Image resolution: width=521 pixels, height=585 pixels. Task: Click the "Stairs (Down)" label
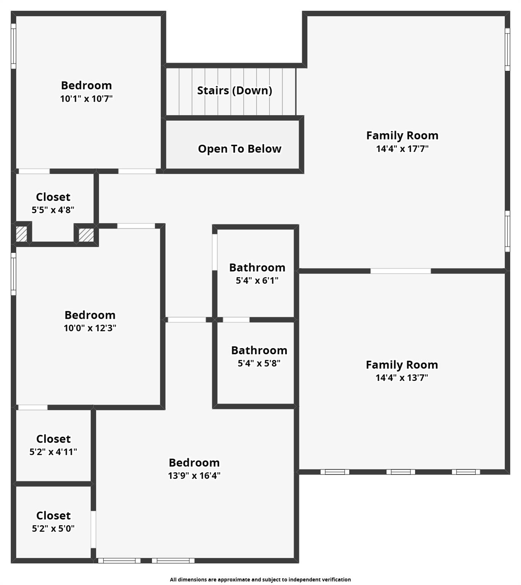click(x=234, y=91)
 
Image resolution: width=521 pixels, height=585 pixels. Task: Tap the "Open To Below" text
click(x=239, y=149)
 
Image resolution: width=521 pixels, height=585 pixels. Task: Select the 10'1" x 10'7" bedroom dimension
click(x=86, y=99)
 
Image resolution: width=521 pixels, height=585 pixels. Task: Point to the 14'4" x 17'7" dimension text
click(x=402, y=149)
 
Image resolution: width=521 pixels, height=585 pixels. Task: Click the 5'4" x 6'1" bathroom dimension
click(x=257, y=281)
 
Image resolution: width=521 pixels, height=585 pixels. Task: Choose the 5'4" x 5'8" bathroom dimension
click(x=259, y=363)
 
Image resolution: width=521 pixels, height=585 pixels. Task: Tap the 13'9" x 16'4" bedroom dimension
click(x=194, y=476)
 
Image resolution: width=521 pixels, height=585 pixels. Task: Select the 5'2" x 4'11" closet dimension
click(x=53, y=452)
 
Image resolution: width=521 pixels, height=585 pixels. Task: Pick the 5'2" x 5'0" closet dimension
click(x=53, y=529)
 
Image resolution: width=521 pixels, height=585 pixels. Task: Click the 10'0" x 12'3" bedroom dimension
click(x=90, y=328)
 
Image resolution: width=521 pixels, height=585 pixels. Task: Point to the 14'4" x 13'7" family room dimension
click(x=402, y=378)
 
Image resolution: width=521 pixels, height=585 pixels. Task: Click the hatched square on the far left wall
click(x=21, y=234)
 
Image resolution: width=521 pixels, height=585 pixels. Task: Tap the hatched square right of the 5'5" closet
click(x=86, y=235)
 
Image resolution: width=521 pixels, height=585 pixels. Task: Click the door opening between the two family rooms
click(x=401, y=271)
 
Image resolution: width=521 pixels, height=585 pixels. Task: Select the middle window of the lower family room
click(x=401, y=472)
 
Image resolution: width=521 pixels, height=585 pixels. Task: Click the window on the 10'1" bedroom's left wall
click(x=13, y=46)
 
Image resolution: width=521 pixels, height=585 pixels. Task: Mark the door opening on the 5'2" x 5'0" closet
click(x=93, y=529)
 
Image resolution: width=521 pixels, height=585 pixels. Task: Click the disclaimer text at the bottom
click(x=260, y=579)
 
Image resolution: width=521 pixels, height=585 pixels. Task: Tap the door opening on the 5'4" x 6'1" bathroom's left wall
click(x=215, y=252)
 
